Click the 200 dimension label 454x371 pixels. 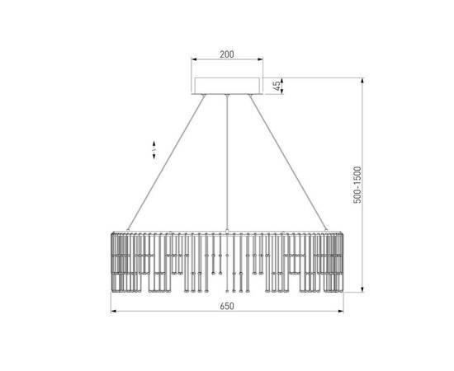[x=227, y=54]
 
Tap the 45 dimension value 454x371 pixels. [x=277, y=86]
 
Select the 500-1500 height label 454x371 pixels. [x=357, y=185]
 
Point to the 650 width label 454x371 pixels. [x=227, y=306]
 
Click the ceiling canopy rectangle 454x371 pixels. [x=227, y=86]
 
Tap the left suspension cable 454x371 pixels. [x=166, y=162]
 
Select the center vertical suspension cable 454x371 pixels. [x=227, y=162]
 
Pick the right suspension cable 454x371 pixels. [x=288, y=162]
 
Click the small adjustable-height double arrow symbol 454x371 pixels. [x=154, y=150]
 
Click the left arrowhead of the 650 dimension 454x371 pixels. [x=114, y=311]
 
